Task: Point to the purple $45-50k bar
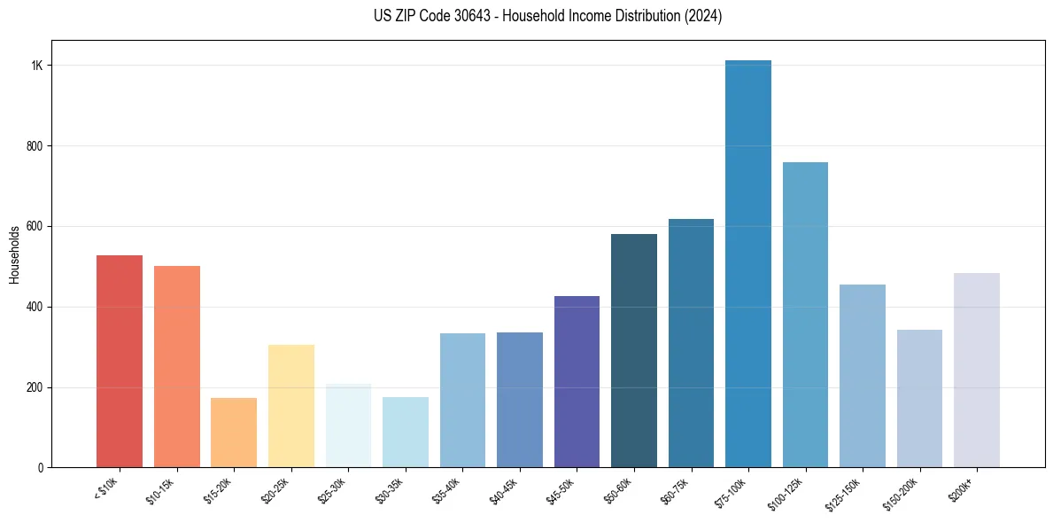coord(577,381)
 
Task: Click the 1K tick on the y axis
coord(37,66)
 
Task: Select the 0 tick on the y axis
coord(40,467)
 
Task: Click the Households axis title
coord(14,254)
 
